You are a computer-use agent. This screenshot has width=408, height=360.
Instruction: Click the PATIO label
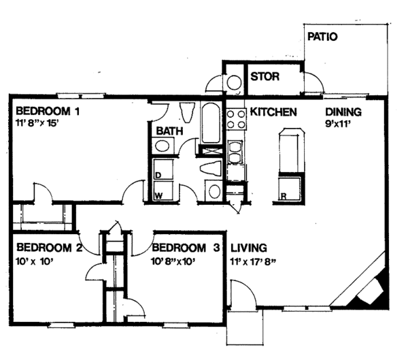tap(322, 37)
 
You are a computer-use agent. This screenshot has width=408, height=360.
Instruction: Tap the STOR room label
tap(265, 77)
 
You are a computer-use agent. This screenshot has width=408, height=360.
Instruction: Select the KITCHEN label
tap(273, 112)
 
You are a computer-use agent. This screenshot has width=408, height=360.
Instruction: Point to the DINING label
tap(343, 112)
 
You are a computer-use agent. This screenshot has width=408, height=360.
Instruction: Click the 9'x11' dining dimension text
tap(337, 124)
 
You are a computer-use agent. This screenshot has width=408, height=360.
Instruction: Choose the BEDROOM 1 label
tap(48, 111)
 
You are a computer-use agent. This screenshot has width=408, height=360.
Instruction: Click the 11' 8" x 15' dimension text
tap(36, 122)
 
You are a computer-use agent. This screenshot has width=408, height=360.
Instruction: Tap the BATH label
tap(169, 131)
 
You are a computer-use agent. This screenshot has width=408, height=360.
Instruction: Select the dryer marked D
tap(163, 169)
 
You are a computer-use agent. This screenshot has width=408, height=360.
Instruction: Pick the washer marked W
tap(163, 191)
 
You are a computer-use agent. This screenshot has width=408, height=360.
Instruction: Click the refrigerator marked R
tap(290, 189)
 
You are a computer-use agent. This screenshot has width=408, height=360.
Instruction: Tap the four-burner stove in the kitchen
tap(236, 119)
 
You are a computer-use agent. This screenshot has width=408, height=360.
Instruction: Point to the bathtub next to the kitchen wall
tap(211, 123)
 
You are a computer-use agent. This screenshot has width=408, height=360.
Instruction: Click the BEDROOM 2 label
tap(49, 248)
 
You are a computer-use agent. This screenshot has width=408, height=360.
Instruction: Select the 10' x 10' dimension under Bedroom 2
tap(35, 261)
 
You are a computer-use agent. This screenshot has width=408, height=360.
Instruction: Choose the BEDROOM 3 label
tap(186, 248)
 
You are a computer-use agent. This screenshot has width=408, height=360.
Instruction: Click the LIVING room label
tap(249, 248)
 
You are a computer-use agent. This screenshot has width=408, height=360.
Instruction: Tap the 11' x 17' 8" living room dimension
tap(253, 261)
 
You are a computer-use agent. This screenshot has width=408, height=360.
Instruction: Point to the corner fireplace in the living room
tap(369, 290)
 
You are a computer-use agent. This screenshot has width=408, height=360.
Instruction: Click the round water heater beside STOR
tap(234, 83)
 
